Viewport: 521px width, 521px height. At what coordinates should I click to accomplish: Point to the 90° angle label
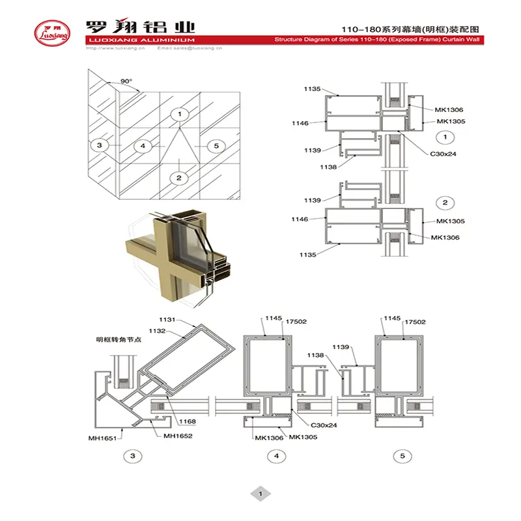(x=126, y=82)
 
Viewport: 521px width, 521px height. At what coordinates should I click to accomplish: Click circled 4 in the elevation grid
(x=141, y=145)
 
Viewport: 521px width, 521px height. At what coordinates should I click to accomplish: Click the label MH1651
(x=102, y=438)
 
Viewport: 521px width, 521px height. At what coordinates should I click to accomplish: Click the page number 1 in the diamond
(x=260, y=494)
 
